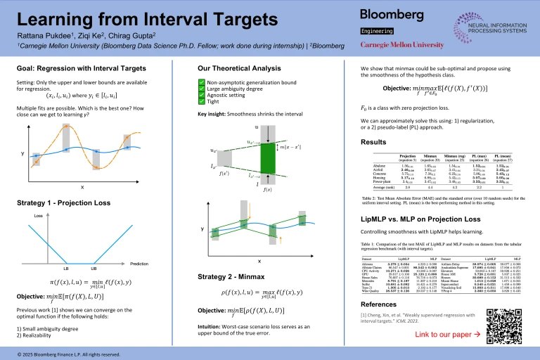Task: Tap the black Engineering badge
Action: click(x=376, y=32)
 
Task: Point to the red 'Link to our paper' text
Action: click(x=443, y=333)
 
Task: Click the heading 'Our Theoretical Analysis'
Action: click(x=235, y=68)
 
